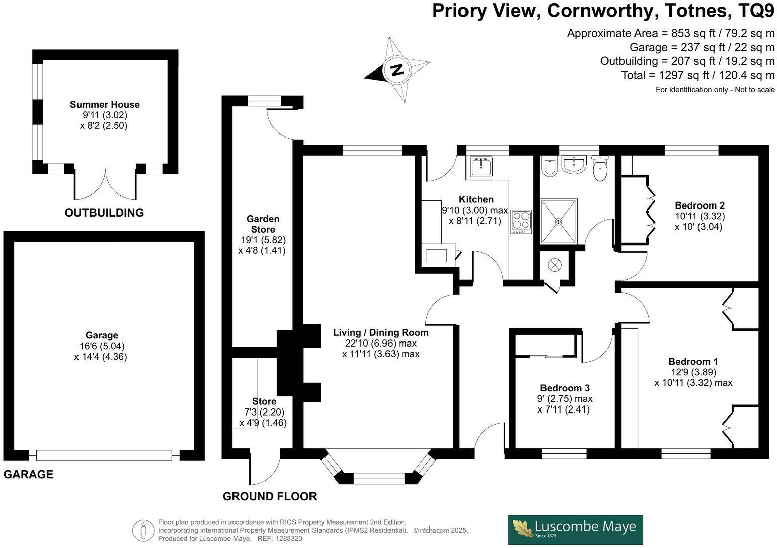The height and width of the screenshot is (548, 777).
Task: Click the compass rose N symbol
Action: (397, 70)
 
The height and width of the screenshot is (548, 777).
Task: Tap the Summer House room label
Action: (105, 104)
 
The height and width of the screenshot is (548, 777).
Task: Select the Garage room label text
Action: (102, 335)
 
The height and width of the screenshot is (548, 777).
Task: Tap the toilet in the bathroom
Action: (601, 169)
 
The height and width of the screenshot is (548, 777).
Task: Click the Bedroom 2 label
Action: (700, 205)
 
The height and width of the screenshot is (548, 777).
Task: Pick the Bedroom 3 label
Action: (565, 388)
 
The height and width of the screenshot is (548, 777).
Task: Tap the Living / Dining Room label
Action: (380, 332)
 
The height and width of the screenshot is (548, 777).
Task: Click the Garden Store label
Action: (263, 224)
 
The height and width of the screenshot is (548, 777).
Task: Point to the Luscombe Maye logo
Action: (575, 529)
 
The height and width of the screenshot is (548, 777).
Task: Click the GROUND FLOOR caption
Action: (270, 496)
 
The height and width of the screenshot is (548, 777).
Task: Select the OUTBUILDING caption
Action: (104, 213)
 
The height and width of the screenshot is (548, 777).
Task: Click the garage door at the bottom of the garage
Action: (104, 455)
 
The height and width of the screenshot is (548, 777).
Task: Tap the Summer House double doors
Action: (105, 185)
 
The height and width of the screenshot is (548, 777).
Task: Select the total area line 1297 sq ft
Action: (698, 75)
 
